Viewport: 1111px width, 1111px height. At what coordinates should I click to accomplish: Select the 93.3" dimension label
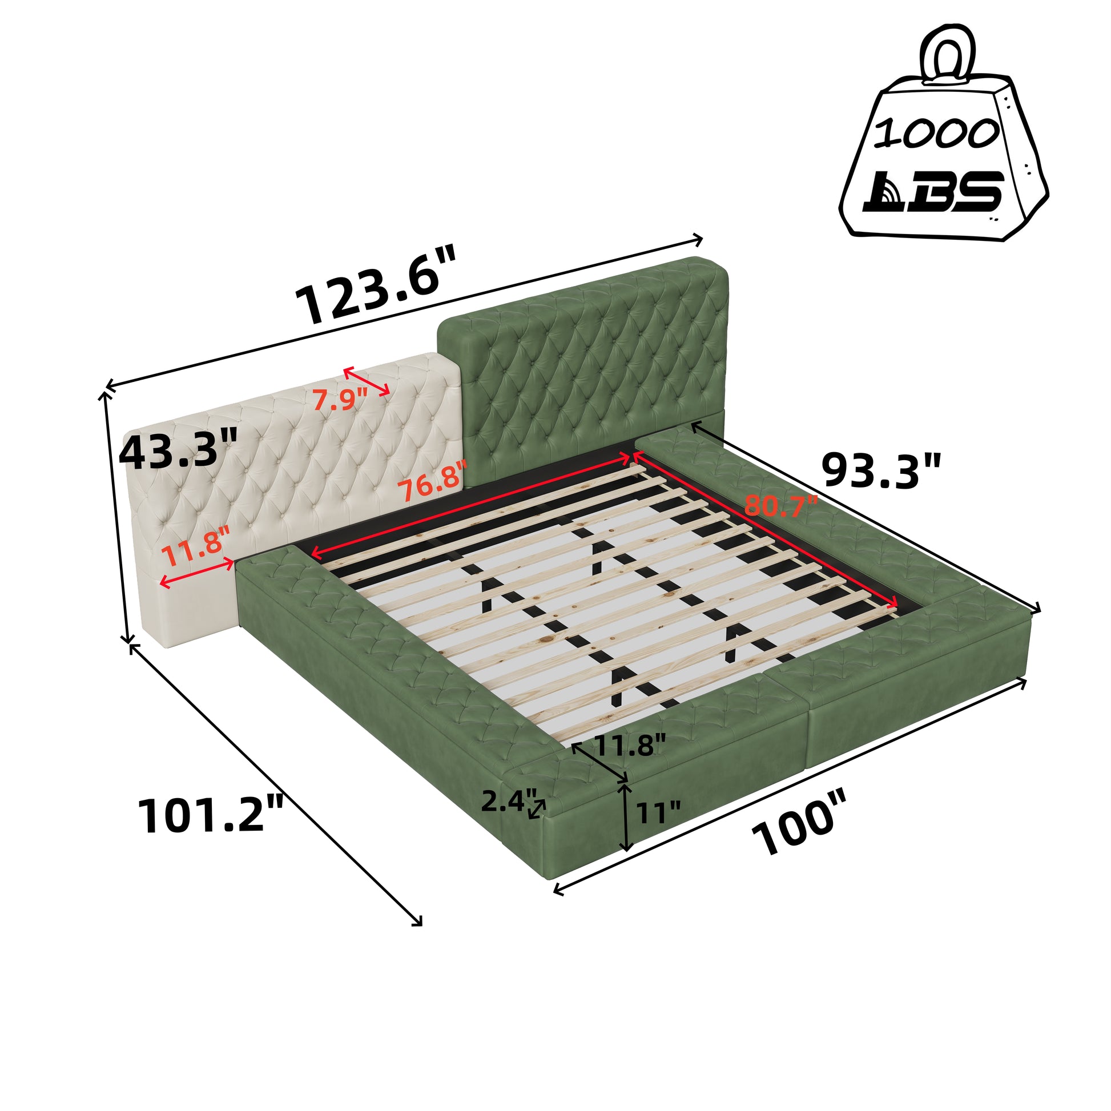[881, 470]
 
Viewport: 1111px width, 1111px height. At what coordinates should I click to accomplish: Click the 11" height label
[658, 812]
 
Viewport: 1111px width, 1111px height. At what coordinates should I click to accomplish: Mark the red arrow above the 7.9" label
[367, 381]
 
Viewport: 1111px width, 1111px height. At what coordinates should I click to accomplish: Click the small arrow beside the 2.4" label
[537, 808]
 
